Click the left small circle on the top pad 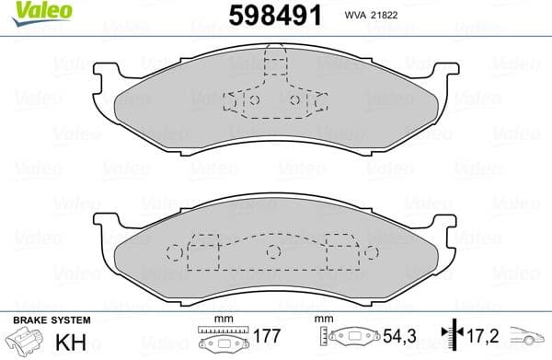coord(257,100)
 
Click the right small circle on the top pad coord(294,100)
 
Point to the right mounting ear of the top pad coord(446,75)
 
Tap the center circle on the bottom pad coord(271,251)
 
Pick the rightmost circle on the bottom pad coord(371,251)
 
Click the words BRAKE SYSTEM coord(51,319)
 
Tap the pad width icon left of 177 coord(219,340)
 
